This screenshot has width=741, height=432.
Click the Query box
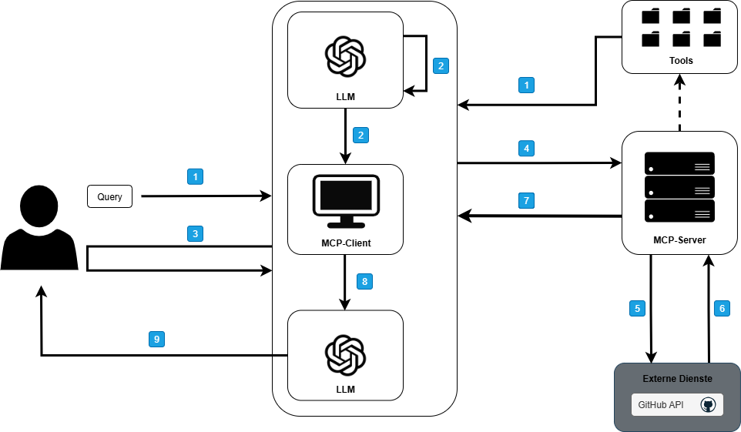click(x=109, y=196)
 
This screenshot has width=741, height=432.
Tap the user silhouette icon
click(x=40, y=227)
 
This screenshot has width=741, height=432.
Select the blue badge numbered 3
click(x=196, y=233)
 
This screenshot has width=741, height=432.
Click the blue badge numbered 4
click(x=527, y=147)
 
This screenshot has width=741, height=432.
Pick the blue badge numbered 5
click(x=636, y=308)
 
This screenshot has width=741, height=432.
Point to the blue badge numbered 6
click(x=722, y=308)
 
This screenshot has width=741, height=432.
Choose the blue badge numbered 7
click(x=527, y=201)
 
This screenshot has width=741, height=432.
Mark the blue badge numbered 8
click(x=364, y=281)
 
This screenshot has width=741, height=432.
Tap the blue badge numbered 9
click(x=156, y=338)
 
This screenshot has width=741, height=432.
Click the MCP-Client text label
click(x=346, y=243)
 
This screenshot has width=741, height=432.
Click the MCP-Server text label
click(x=679, y=240)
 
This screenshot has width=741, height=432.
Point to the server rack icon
click(x=679, y=187)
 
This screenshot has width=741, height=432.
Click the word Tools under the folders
click(x=681, y=60)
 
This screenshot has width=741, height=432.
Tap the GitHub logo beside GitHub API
click(x=708, y=405)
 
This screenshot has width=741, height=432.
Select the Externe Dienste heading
click(x=678, y=379)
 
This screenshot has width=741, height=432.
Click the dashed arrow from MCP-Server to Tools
click(x=679, y=103)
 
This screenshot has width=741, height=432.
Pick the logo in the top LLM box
click(x=344, y=55)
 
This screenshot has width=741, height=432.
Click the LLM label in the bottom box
click(x=346, y=389)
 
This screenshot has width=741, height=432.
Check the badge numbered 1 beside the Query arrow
click(x=196, y=176)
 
